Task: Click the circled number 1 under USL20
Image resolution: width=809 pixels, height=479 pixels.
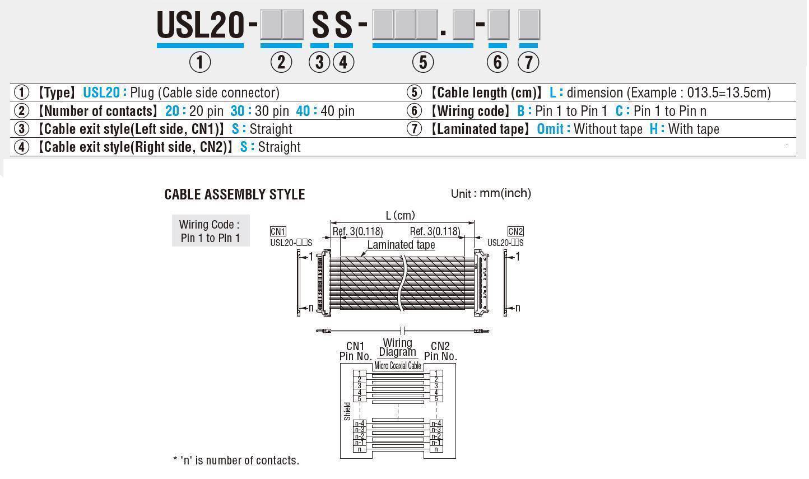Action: (200, 62)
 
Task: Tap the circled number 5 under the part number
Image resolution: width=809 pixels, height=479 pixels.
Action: (423, 62)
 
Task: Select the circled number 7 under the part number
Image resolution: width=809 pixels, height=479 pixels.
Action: (528, 62)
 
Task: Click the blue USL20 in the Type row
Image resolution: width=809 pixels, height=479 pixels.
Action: (101, 92)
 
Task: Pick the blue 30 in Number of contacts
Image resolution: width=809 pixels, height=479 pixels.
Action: (238, 111)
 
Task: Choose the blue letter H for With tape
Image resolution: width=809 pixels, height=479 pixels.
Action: (654, 129)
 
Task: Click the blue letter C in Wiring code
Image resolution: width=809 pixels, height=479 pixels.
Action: (620, 111)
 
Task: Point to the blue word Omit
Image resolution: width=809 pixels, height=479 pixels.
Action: (550, 129)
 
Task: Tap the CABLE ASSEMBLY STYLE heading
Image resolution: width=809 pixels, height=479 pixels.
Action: (235, 194)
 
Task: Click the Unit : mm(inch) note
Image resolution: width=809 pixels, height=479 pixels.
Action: (491, 194)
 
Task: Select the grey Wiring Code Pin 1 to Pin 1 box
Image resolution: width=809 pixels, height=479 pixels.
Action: (210, 231)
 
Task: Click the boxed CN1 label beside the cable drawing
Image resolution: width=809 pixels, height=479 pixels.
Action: (278, 231)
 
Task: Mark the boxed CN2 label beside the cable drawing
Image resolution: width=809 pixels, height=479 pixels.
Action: (515, 231)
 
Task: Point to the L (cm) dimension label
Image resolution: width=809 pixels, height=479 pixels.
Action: (401, 216)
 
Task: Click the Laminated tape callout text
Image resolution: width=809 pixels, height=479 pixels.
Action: (401, 245)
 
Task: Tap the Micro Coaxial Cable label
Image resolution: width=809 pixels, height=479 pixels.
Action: (398, 366)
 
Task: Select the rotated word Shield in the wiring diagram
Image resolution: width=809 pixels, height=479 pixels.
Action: (347, 411)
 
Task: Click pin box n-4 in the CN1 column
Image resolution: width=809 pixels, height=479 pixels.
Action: (359, 424)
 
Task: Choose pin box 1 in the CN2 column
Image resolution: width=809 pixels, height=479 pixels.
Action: (436, 373)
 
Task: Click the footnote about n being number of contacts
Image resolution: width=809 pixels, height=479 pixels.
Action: (236, 461)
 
